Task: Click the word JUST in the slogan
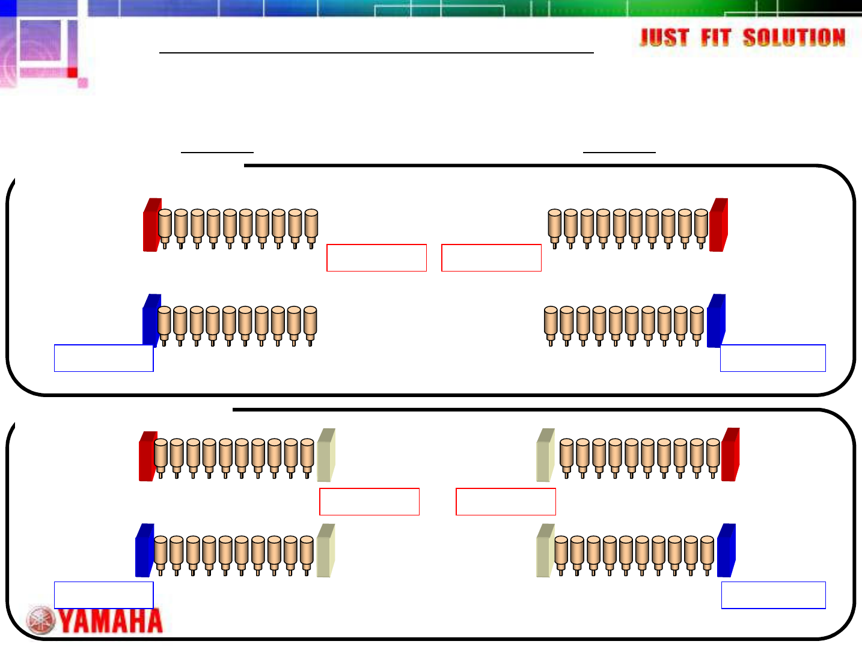point(664,38)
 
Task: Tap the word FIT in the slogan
point(715,38)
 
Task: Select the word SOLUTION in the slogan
point(794,38)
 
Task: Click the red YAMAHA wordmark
point(111,621)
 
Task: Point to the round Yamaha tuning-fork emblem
point(41,621)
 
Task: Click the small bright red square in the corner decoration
point(72,73)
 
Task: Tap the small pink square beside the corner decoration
point(83,83)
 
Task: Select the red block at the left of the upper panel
point(152,225)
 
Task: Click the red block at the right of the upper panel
point(719,225)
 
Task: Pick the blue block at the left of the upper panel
point(151,321)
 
